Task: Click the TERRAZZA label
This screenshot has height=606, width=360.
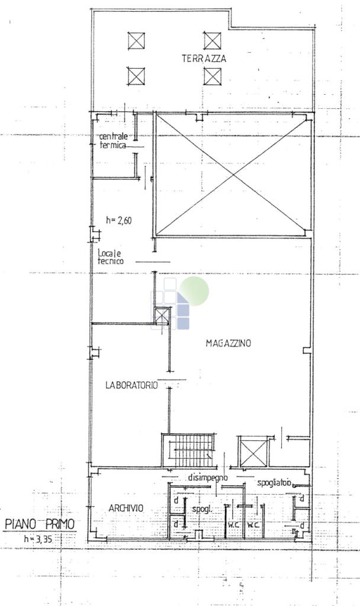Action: (204, 59)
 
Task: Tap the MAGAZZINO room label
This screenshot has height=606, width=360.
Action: (228, 343)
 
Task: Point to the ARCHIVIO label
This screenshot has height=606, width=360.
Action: (126, 508)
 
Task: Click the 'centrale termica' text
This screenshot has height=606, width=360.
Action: (113, 141)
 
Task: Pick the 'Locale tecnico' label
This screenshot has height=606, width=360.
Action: (111, 257)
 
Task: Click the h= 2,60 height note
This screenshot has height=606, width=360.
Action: (119, 220)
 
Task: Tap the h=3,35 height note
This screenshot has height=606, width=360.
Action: (38, 539)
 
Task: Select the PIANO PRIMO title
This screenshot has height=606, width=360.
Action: (40, 524)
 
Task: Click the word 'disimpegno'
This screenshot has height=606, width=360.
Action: (208, 478)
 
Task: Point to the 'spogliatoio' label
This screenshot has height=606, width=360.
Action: (275, 483)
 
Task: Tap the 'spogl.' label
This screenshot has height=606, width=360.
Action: (202, 510)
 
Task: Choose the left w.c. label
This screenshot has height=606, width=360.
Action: (233, 525)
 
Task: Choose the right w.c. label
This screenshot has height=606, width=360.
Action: (253, 525)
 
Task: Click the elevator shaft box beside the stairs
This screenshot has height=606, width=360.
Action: (253, 452)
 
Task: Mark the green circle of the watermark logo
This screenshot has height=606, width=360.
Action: (194, 291)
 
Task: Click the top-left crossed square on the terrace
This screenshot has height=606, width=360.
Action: (136, 41)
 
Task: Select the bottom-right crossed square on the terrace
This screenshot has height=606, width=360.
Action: (213, 76)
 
